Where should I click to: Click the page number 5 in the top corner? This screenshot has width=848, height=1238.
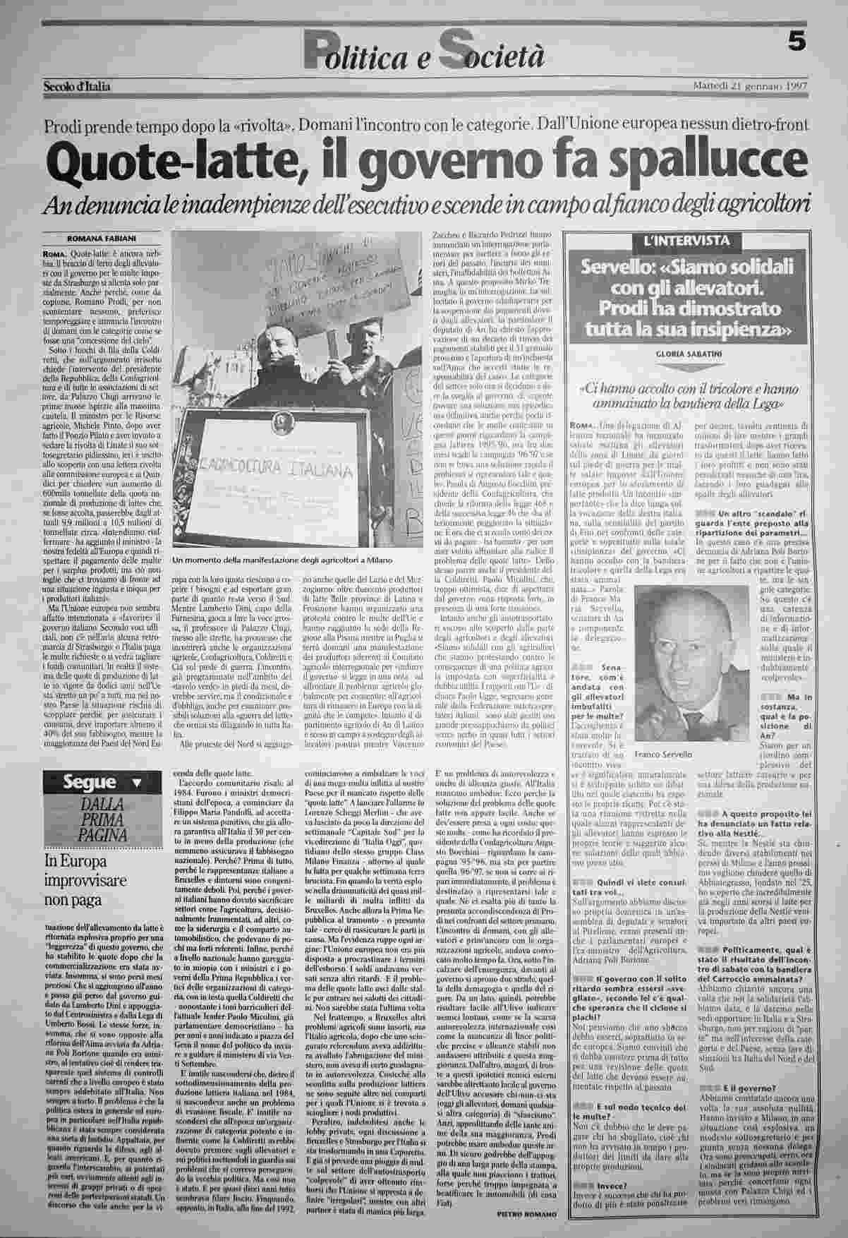coord(796,42)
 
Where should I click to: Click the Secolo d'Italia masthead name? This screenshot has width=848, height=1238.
coord(78,86)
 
